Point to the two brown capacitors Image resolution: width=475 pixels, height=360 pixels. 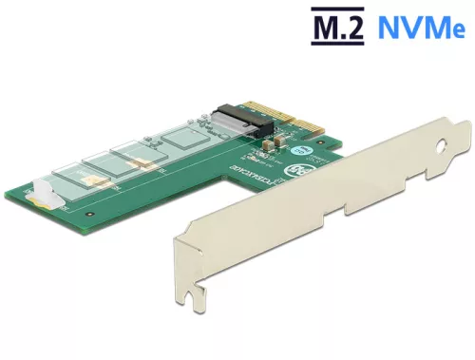pos(268,144)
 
